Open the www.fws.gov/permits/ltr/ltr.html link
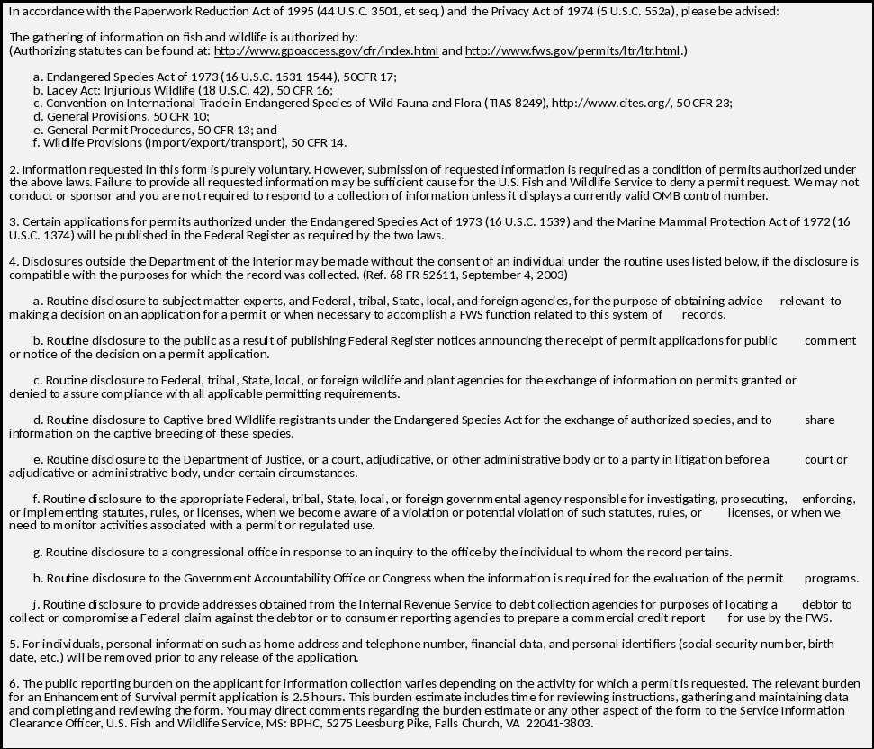(x=572, y=50)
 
